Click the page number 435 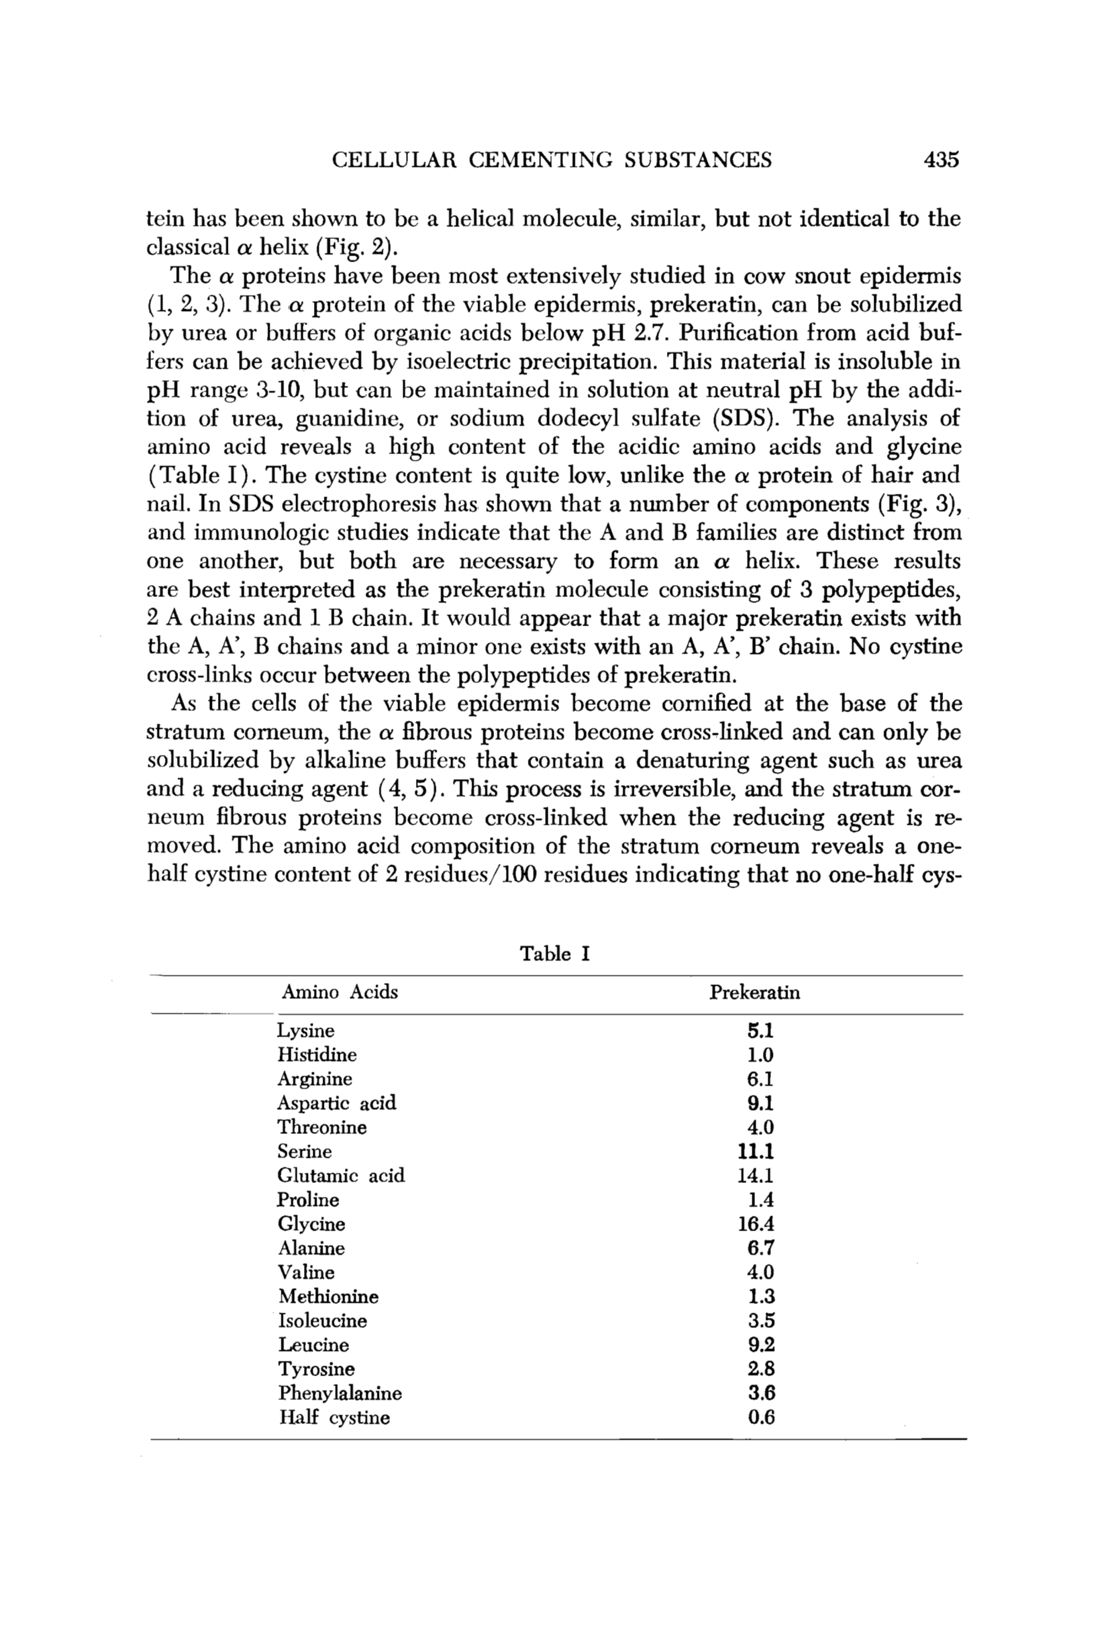pyautogui.click(x=940, y=160)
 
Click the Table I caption pyautogui.click(x=554, y=954)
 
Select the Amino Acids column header pyautogui.click(x=340, y=992)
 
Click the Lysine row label pyautogui.click(x=306, y=1031)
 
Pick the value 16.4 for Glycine pyautogui.click(x=756, y=1223)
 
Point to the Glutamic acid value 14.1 pyautogui.click(x=756, y=1176)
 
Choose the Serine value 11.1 pyautogui.click(x=756, y=1152)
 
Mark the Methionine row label pyautogui.click(x=329, y=1296)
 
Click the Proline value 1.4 pyautogui.click(x=761, y=1199)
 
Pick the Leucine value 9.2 pyautogui.click(x=761, y=1344)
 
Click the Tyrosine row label pyautogui.click(x=317, y=1369)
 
